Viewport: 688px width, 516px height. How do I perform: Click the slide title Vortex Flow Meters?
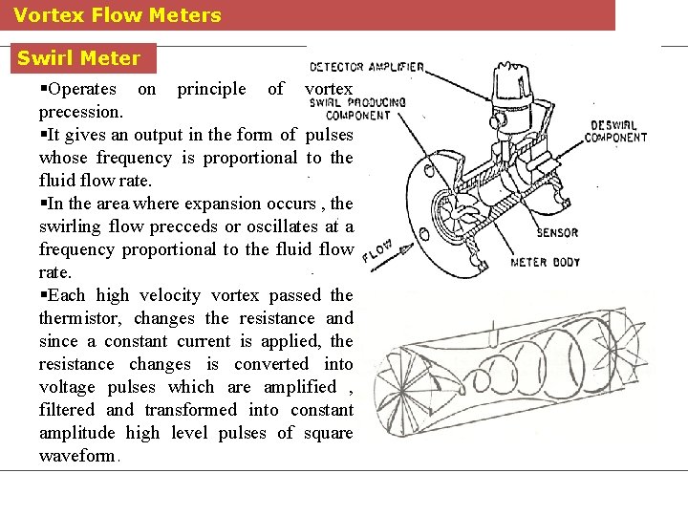tap(118, 15)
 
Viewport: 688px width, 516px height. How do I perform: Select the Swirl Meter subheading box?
tap(78, 58)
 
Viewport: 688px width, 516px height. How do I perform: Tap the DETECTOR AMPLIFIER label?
tap(366, 67)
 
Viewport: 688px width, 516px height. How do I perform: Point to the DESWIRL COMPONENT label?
tap(618, 131)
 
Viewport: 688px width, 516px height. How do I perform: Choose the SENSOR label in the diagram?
tap(557, 232)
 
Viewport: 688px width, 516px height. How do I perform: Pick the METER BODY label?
tap(546, 262)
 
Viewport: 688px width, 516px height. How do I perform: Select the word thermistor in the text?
tap(80, 318)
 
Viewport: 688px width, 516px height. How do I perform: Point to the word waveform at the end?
tap(76, 456)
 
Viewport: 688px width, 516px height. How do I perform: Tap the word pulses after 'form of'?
tap(329, 135)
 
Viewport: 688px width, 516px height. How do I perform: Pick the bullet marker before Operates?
tap(43, 89)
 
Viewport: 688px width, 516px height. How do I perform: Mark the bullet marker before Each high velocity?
tap(43, 295)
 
